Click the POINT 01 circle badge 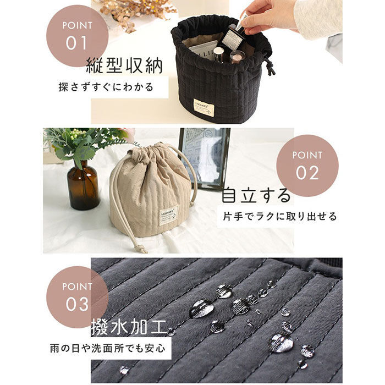(77, 36)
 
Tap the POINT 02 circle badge (307, 166)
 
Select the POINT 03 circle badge (77, 297)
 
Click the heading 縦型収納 (124, 65)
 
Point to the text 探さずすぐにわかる (106, 87)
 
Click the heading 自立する (256, 195)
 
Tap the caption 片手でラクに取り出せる (279, 217)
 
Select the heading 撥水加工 (129, 327)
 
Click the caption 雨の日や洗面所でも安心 (108, 348)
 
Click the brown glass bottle (83, 185)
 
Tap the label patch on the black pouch (204, 108)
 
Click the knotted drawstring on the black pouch (270, 67)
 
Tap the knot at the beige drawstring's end (142, 249)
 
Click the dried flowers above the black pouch (137, 12)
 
